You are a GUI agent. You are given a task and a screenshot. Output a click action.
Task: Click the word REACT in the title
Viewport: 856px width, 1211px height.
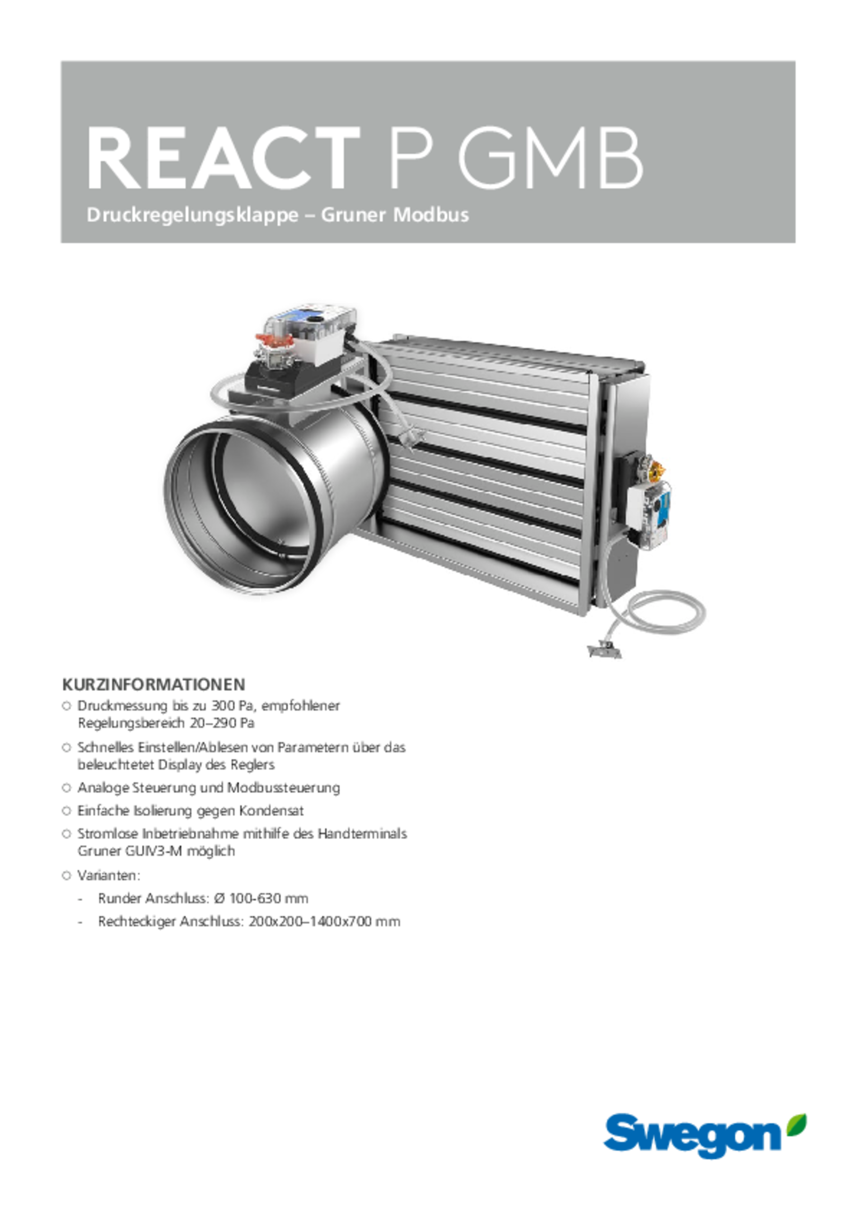point(223,158)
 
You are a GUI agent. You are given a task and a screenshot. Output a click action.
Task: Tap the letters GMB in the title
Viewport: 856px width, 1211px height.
point(549,158)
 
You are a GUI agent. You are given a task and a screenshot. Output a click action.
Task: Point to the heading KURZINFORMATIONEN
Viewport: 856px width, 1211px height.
point(154,685)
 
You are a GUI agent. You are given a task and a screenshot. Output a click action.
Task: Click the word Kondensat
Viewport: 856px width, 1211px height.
point(271,810)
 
